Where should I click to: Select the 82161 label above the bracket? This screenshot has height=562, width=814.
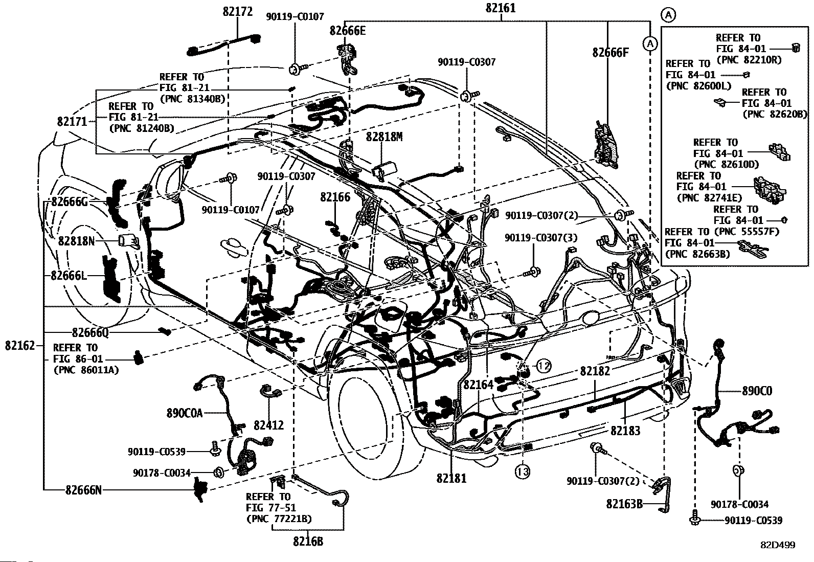pos(501,8)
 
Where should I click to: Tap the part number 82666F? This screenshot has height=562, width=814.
pos(610,53)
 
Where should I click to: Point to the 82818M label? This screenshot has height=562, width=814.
pos(384,137)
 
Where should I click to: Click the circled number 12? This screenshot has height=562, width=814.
pos(544,366)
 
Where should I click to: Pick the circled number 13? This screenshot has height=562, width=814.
pos(522,472)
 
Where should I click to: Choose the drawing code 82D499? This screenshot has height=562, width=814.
pos(778,545)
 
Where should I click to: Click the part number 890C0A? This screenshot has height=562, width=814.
pos(184,413)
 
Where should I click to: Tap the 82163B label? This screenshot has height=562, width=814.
pos(624,504)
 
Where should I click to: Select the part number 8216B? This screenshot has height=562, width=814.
pos(308,542)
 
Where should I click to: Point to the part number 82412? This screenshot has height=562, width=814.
pos(268,425)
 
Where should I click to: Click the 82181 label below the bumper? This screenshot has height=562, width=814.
pos(451,479)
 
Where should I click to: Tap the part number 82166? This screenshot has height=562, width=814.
pos(335,197)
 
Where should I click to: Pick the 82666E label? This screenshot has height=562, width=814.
pos(347,31)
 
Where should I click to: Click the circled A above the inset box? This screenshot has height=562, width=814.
pos(668,15)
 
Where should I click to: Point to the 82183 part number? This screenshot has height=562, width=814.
pos(625,431)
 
